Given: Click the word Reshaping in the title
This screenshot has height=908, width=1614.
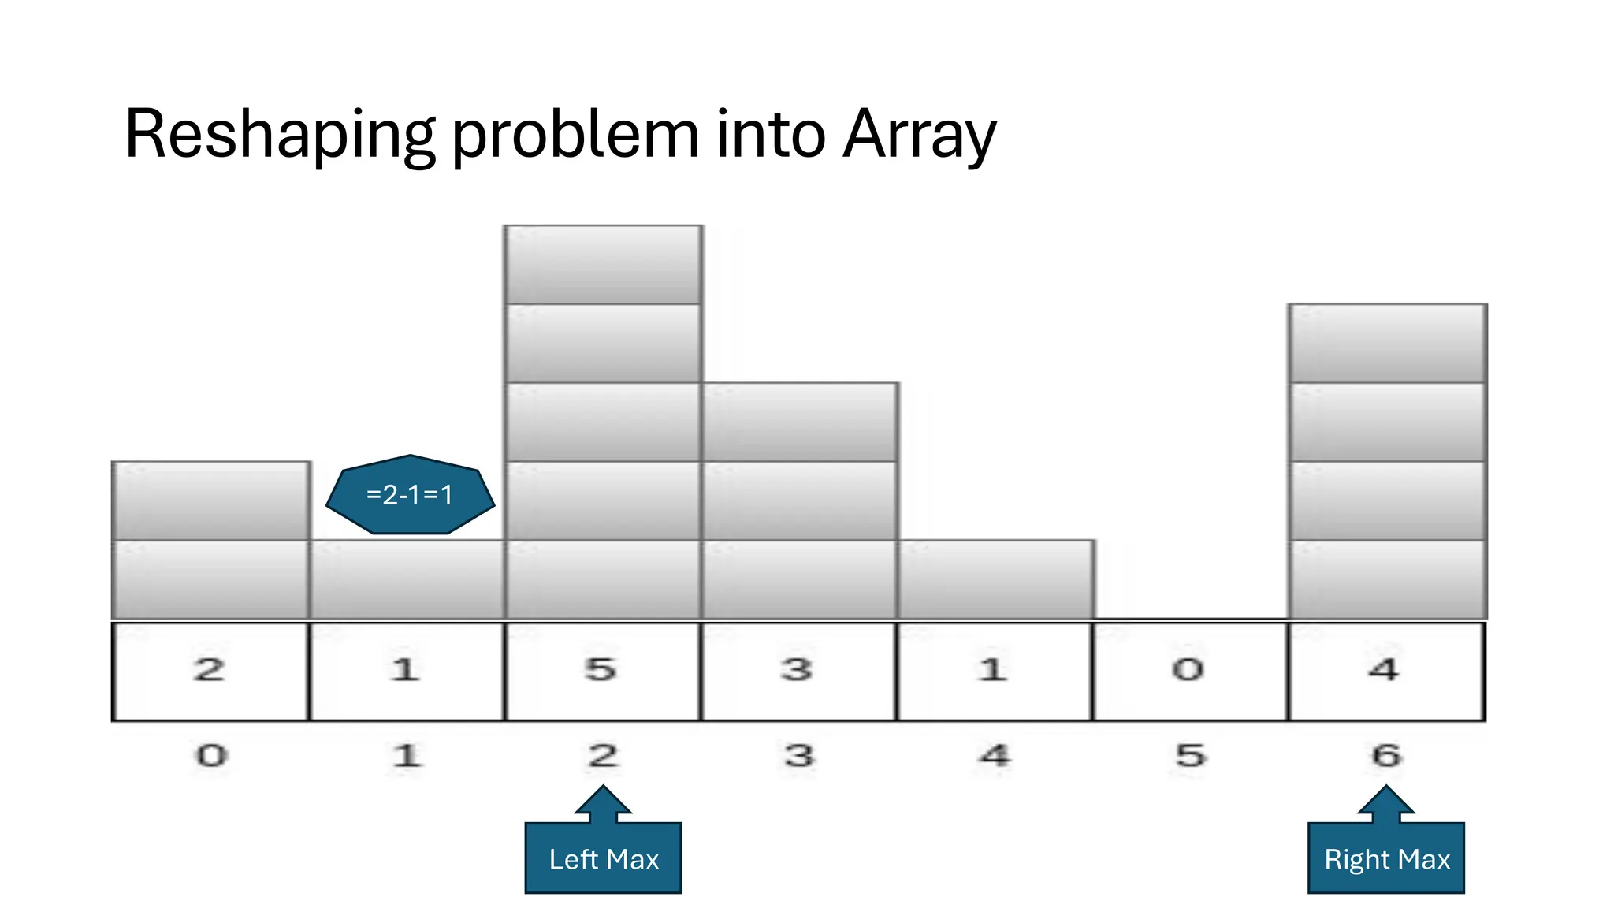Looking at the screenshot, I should (x=279, y=134).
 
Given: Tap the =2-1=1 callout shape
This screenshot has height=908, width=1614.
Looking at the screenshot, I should (x=410, y=495).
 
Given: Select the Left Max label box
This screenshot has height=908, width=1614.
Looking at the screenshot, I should (x=603, y=858).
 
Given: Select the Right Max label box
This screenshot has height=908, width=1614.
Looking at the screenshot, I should (x=1386, y=858).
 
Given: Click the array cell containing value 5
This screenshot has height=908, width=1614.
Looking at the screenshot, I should (x=602, y=671).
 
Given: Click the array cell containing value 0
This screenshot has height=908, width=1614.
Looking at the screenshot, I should (x=1190, y=671).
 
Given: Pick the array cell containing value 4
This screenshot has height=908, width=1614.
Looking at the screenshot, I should (x=1385, y=671).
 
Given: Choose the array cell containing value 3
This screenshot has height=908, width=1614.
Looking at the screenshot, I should (x=798, y=671).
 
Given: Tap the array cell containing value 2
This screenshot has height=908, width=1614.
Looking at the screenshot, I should (x=210, y=671).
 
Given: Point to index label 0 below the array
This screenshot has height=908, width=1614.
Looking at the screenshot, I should (x=211, y=756).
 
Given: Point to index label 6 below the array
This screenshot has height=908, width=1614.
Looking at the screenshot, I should (x=1386, y=756).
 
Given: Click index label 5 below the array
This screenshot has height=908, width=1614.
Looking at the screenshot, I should (x=1191, y=756).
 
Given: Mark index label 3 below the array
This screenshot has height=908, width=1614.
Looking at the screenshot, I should (x=799, y=756).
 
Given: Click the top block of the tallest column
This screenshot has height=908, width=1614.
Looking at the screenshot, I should (x=603, y=265).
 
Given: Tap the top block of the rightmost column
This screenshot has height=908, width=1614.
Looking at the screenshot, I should (x=1387, y=344).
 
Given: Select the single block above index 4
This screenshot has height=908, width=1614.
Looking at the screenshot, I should (x=995, y=579).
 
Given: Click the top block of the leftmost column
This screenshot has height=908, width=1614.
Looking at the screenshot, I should (x=210, y=501).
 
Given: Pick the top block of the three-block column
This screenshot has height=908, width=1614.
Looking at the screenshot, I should (x=799, y=422).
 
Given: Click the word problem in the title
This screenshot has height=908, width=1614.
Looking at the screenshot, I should (x=575, y=134).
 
